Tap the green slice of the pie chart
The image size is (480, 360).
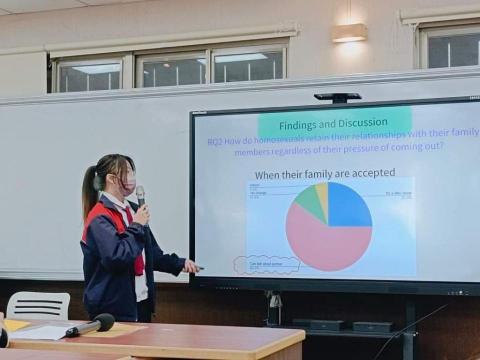[x=309, y=204]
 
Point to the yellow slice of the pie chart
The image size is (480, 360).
[x=322, y=196]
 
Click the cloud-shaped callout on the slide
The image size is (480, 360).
[x=266, y=265]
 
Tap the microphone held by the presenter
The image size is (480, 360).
[x=140, y=194]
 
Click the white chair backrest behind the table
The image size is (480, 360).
[x=38, y=304]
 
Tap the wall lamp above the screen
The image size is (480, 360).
[x=349, y=32]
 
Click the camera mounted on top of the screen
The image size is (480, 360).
[x=337, y=97]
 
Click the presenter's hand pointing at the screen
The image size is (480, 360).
[x=191, y=266]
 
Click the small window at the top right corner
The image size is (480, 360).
[x=450, y=45]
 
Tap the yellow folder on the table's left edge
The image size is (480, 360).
[x=16, y=325]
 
